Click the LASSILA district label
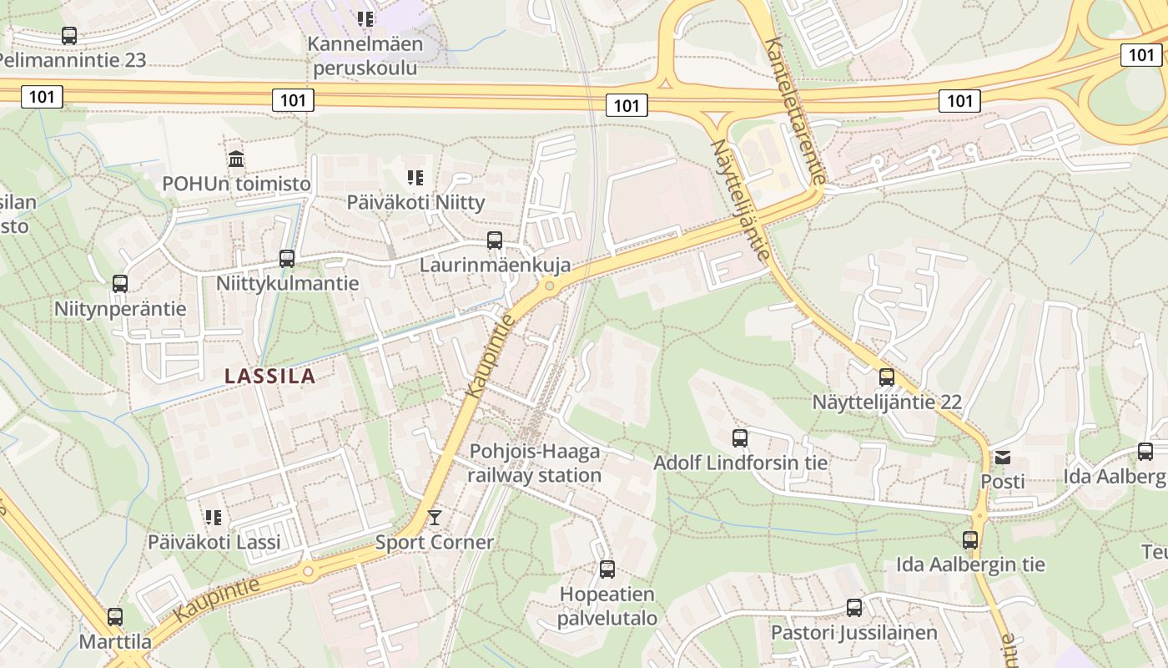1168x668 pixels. (269, 376)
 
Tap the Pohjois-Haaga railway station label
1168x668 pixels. (534, 463)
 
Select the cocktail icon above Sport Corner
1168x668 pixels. (434, 518)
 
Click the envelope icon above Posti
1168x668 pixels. (1002, 457)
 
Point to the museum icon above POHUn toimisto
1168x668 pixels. (236, 159)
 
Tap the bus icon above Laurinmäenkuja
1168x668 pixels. (495, 240)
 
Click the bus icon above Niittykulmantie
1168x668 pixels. (287, 258)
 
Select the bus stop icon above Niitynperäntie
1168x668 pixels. (120, 283)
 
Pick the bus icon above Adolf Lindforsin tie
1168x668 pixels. (740, 438)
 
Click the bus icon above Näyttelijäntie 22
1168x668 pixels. (887, 377)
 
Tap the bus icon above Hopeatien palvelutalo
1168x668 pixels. (607, 569)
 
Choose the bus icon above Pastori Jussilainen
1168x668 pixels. (854, 607)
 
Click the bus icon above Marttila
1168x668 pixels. (115, 617)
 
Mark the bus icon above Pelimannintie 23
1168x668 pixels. (69, 36)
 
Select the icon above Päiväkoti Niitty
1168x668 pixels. (415, 177)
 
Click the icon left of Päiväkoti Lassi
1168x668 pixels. (214, 518)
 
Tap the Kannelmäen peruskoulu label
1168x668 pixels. (365, 55)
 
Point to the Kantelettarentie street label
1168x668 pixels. (795, 110)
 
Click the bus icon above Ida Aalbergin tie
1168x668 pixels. (969, 539)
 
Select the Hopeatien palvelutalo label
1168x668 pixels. (607, 607)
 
